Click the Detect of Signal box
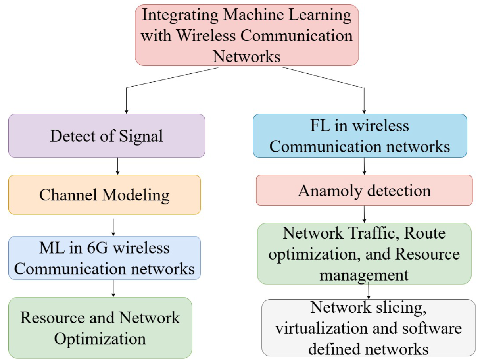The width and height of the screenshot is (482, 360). point(106,136)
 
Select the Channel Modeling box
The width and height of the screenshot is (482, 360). point(104,195)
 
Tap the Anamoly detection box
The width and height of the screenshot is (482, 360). point(364,191)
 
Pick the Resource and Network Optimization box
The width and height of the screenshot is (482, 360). point(100,328)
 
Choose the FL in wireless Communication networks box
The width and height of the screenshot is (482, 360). point(360,136)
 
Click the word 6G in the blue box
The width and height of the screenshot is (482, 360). point(88,248)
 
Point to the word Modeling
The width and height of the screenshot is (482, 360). point(136,195)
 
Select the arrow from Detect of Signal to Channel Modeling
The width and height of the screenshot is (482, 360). point(117,166)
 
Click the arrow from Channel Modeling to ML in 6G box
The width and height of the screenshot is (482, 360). point(113,227)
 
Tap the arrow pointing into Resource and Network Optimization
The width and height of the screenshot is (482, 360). point(113,288)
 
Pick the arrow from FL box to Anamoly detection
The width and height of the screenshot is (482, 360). point(364,166)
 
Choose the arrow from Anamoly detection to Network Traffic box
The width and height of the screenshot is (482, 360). point(364,214)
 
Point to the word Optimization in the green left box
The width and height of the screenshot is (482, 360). point(100,339)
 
